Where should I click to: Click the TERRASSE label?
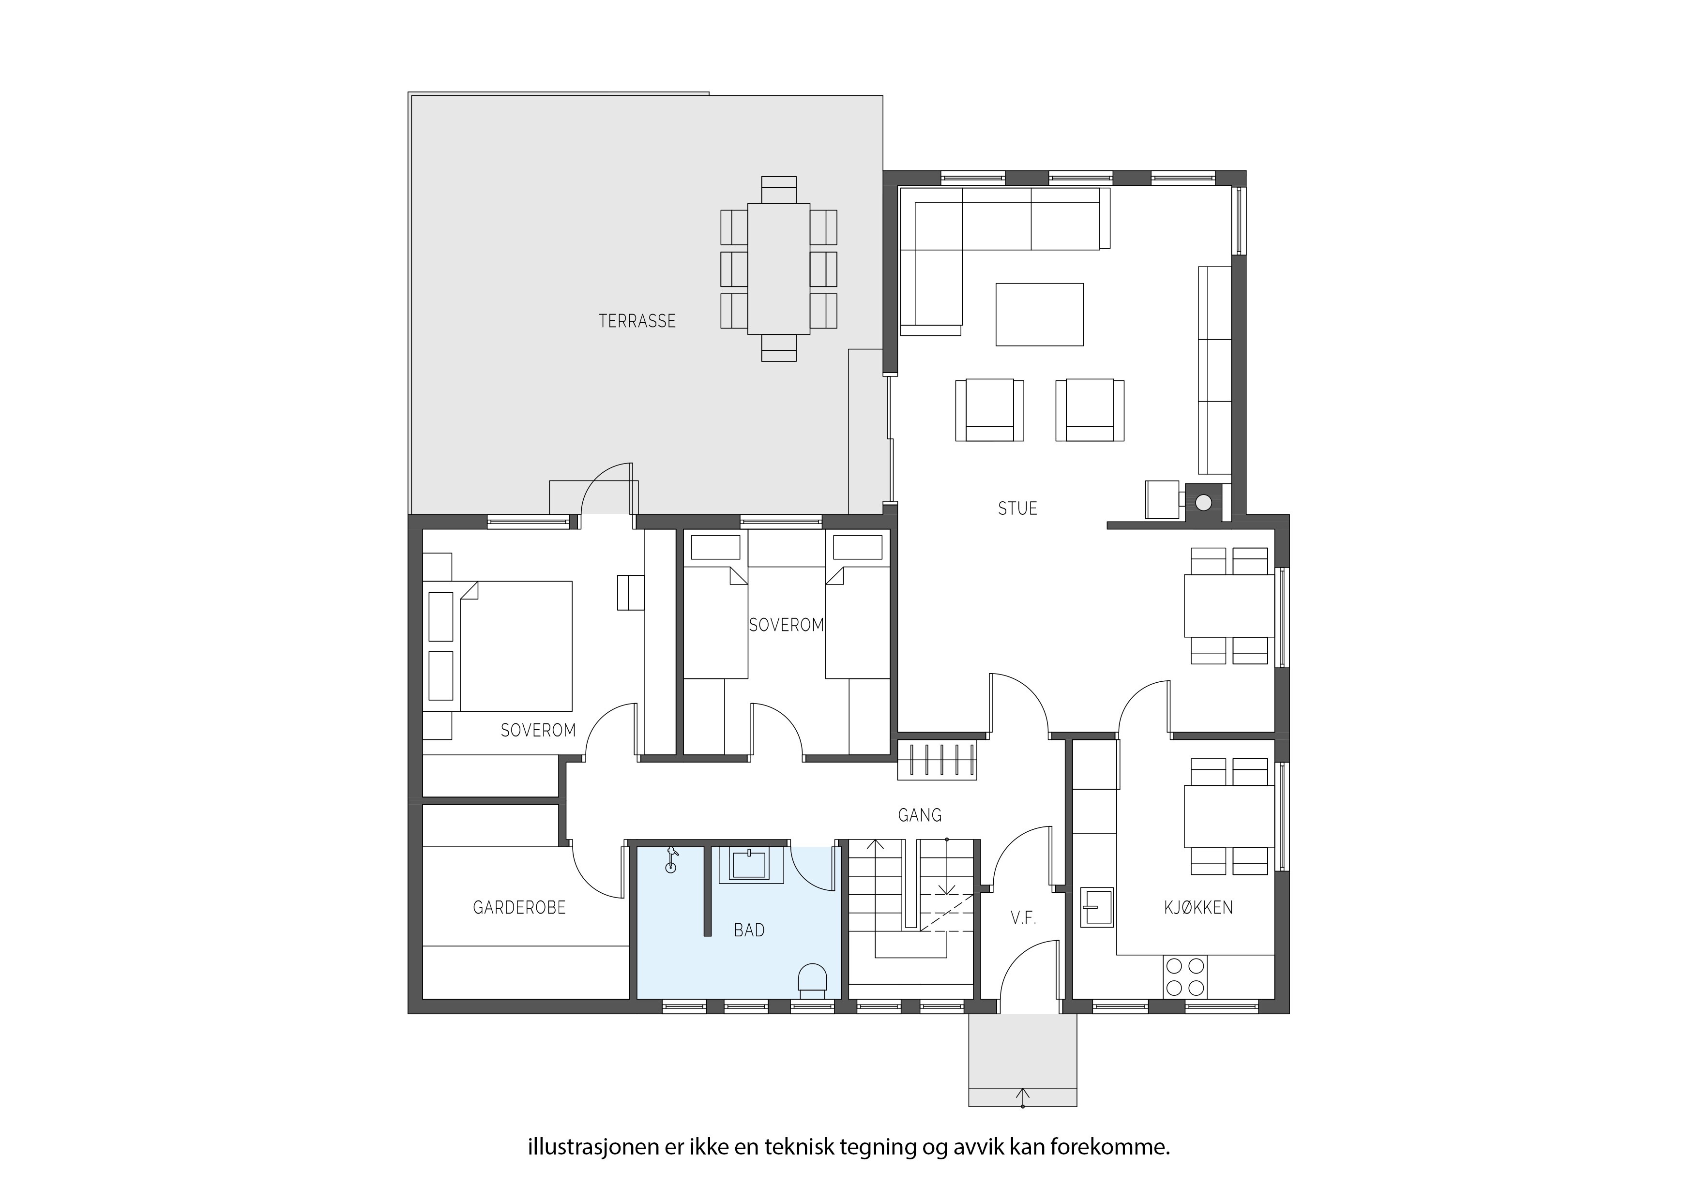pyautogui.click(x=637, y=321)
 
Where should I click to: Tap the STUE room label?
pyautogui.click(x=1017, y=509)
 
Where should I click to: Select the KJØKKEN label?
pyautogui.click(x=1198, y=908)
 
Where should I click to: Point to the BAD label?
pyautogui.click(x=749, y=930)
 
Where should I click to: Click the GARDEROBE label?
pyautogui.click(x=519, y=907)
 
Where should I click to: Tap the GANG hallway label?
pyautogui.click(x=919, y=815)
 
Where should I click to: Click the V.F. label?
pyautogui.click(x=1024, y=919)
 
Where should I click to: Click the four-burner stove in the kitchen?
pyautogui.click(x=1185, y=976)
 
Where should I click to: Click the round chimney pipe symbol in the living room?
pyautogui.click(x=1203, y=503)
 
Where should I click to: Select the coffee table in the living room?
pyautogui.click(x=1039, y=314)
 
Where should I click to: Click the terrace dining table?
pyautogui.click(x=779, y=269)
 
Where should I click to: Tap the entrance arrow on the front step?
pyautogui.click(x=1023, y=1097)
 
